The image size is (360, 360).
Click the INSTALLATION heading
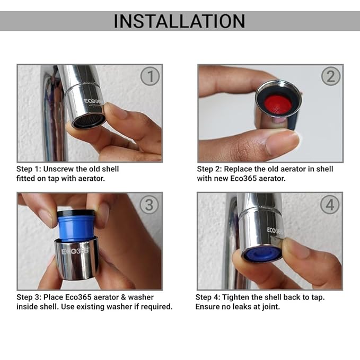click(179, 21)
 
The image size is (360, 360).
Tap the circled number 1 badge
click(150, 77)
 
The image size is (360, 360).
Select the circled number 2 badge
click(330, 77)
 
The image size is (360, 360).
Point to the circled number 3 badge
click(150, 205)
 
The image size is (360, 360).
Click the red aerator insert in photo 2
click(276, 102)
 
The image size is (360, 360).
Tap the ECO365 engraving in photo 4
click(275, 232)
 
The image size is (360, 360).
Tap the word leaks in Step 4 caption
click(242, 306)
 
